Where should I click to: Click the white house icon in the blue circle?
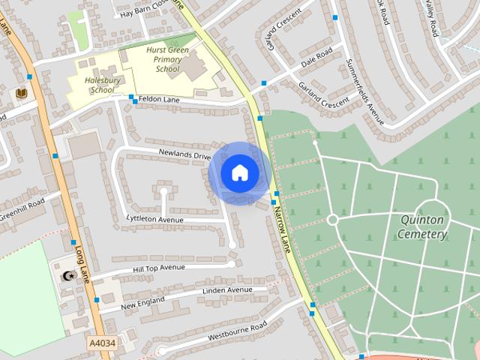pos(239,172)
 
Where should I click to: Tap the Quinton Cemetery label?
pos(423,226)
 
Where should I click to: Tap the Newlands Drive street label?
pos(184,154)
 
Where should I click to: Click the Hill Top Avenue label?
pos(158,268)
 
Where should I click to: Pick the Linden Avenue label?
pos(227,289)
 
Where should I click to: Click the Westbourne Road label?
pos(237,330)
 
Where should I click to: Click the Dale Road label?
pos(316,58)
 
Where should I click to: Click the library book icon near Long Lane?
pos(21,93)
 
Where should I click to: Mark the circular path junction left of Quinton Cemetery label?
pos(332,219)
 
